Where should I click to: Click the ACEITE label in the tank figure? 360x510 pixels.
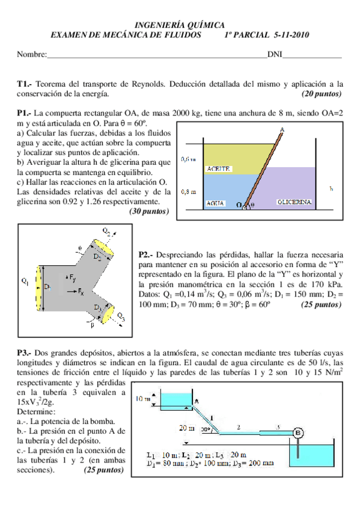tap(218, 169)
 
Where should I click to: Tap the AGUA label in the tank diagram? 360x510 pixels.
tap(215, 203)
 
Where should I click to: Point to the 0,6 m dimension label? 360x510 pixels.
tap(189, 159)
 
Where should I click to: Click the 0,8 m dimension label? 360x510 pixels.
tap(189, 192)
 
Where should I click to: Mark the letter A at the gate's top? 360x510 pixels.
tap(282, 130)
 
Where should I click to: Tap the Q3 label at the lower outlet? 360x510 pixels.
tap(121, 316)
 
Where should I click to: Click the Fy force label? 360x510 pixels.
tap(72, 277)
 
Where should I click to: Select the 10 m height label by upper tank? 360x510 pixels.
tap(143, 399)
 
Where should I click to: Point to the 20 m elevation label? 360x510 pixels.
tap(187, 428)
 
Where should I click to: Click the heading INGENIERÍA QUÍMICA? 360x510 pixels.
tap(180, 25)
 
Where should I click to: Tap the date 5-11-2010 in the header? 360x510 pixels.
tap(290, 35)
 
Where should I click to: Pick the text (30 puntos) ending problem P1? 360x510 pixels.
tap(149, 211)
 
